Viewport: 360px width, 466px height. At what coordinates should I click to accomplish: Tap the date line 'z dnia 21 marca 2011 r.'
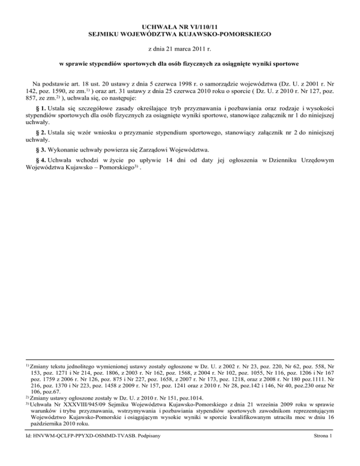coord(180,48)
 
